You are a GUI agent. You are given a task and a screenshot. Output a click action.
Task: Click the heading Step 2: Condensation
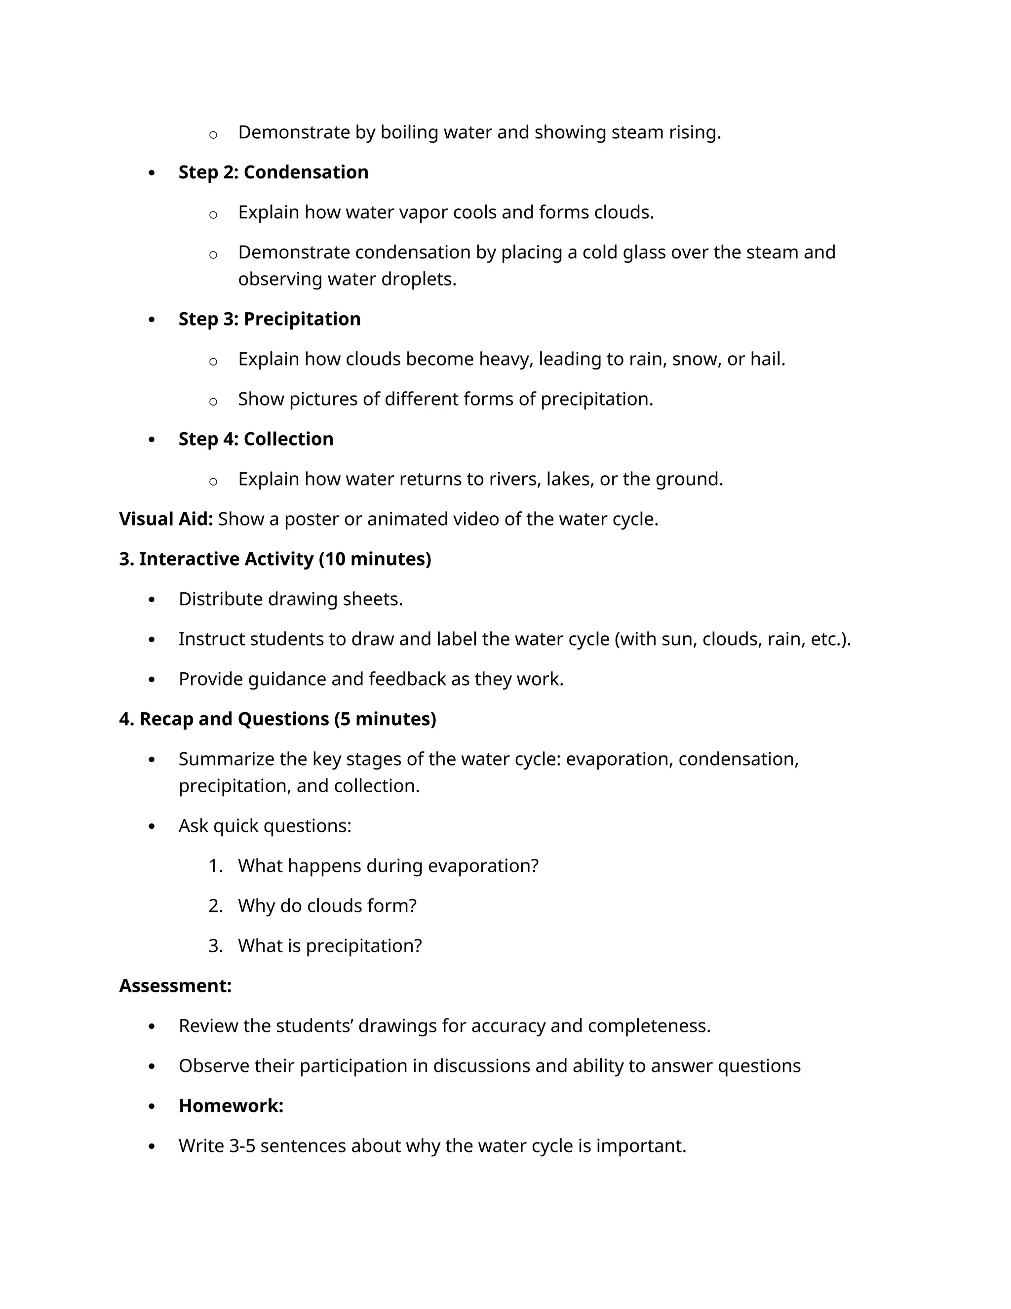click(273, 172)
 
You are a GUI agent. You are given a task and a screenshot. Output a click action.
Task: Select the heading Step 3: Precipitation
click(270, 320)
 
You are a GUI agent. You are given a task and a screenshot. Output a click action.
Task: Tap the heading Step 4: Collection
click(256, 439)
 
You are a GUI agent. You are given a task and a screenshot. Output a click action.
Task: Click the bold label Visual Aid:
click(166, 519)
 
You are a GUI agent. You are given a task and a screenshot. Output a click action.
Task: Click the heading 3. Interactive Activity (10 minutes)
click(275, 559)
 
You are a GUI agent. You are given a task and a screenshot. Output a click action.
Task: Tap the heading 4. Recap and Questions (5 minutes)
click(277, 719)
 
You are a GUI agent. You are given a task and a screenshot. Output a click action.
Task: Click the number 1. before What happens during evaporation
click(216, 866)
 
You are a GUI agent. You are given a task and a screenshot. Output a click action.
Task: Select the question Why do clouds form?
click(327, 905)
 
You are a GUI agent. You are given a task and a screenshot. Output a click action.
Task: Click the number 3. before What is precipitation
click(216, 946)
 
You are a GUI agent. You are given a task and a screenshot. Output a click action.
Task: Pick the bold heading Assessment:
click(175, 986)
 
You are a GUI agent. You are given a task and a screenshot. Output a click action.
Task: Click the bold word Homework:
click(231, 1106)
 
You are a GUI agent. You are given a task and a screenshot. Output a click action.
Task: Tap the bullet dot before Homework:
click(152, 1106)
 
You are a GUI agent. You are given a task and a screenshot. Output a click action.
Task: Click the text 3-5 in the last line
click(242, 1146)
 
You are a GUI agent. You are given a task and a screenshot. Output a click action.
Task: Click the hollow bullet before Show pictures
click(213, 401)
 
